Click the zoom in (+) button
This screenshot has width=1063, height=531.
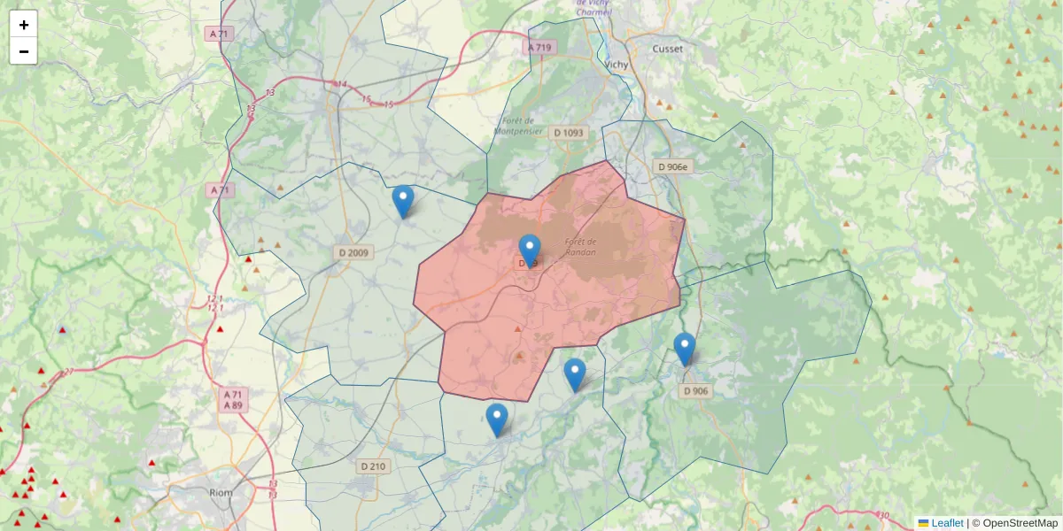(23, 25)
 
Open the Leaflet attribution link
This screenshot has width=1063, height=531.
(947, 523)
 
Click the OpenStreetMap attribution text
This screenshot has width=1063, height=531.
(1020, 523)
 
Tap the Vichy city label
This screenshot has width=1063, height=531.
(616, 65)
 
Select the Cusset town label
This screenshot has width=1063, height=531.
(667, 49)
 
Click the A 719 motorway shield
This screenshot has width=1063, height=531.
(539, 47)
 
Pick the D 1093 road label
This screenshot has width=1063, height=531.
(569, 133)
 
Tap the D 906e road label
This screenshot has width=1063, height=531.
(673, 166)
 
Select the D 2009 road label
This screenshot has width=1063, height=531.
(354, 253)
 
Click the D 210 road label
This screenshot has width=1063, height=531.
(374, 466)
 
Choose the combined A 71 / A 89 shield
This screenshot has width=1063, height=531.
(233, 399)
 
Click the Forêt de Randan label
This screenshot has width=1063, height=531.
(581, 247)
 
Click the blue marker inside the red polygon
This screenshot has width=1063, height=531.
(530, 250)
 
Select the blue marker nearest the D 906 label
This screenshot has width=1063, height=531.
(684, 349)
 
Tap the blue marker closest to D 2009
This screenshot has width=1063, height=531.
(402, 202)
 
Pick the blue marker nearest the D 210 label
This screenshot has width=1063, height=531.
(497, 419)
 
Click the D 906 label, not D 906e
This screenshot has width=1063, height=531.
(695, 390)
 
